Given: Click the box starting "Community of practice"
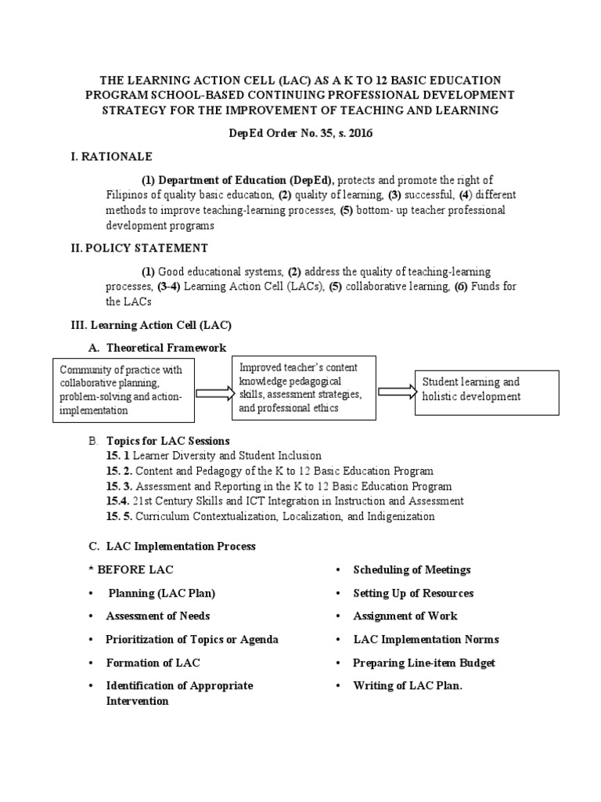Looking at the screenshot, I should pyautogui.click(x=121, y=389).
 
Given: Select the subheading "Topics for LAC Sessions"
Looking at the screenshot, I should pyautogui.click(x=167, y=441).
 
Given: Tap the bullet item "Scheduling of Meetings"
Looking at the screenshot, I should pyautogui.click(x=412, y=569).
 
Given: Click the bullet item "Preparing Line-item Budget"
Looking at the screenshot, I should pyautogui.click(x=424, y=663).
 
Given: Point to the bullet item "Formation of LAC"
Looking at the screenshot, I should pyautogui.click(x=153, y=663).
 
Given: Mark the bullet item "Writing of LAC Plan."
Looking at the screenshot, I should pyautogui.click(x=408, y=686).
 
